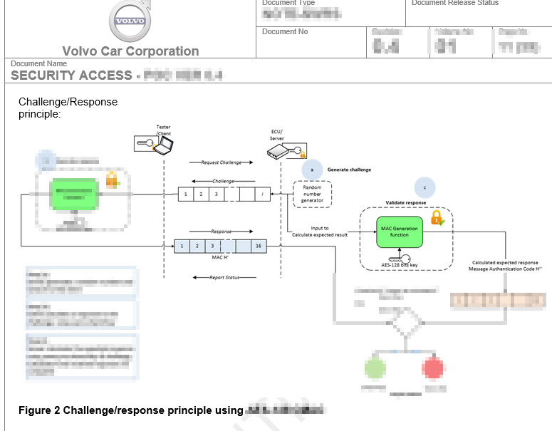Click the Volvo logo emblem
pos(131,21)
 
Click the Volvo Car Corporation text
pos(130,51)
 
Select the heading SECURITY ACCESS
pos(71,76)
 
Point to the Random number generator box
pos(312,194)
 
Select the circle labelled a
pos(311,170)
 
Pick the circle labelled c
pos(425,188)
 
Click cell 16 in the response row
pos(258,246)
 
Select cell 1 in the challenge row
pos(186,194)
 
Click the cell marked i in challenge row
pos(262,194)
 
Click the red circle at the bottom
pos(433,368)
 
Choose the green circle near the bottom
pos(375,368)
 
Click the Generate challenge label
pos(349,170)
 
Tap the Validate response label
pos(406,203)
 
